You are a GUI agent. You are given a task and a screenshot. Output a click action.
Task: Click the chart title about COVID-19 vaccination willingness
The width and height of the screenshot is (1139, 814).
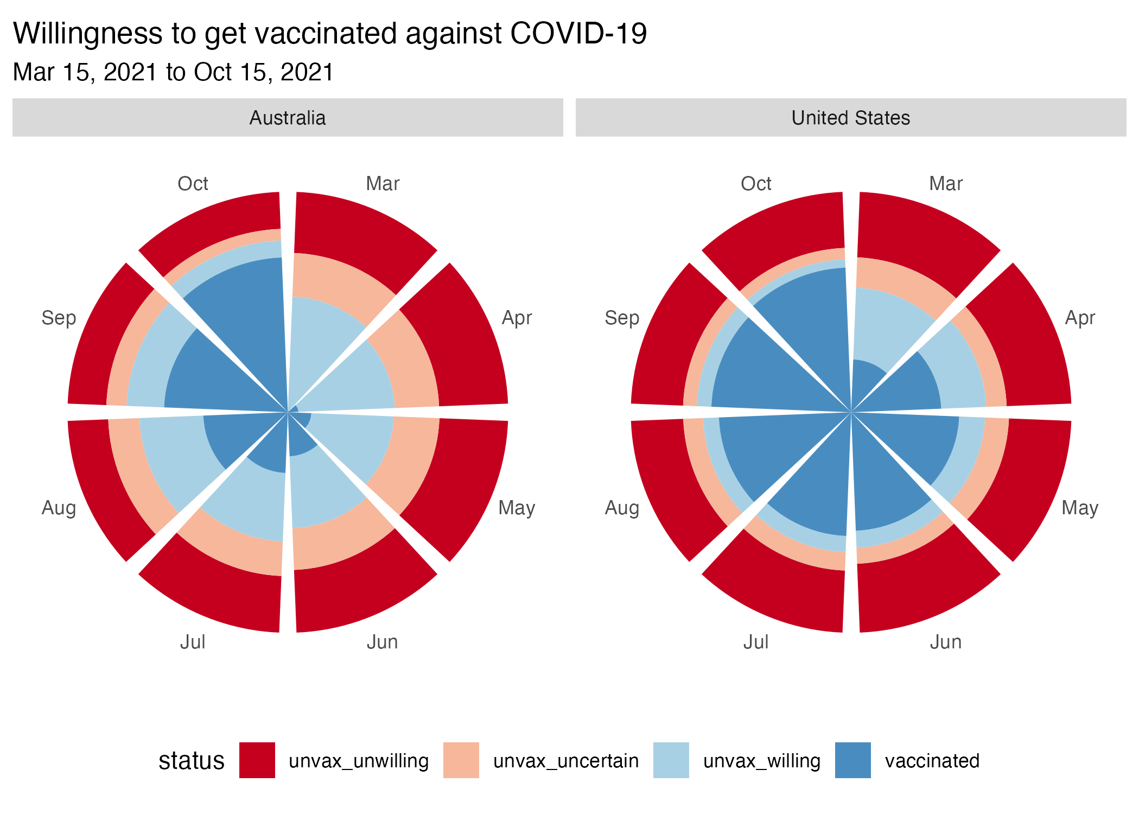329,34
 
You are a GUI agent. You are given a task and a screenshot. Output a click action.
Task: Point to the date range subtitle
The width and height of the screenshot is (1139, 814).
173,72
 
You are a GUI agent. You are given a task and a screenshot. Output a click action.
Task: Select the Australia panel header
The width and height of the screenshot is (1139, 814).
288,118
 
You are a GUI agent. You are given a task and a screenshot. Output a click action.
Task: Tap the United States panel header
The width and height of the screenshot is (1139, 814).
850,118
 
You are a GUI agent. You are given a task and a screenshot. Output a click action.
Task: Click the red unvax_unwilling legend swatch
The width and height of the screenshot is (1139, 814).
257,760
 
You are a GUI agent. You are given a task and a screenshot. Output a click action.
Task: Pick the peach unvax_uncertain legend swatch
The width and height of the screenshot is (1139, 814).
461,760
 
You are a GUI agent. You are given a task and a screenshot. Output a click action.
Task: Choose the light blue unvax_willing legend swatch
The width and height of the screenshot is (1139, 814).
671,760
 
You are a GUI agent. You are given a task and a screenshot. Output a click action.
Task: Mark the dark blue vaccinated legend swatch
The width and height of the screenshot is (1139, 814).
852,760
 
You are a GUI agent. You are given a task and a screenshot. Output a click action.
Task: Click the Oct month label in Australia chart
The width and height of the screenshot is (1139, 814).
193,184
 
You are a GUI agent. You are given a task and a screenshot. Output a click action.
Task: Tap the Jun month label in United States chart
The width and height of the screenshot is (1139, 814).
946,642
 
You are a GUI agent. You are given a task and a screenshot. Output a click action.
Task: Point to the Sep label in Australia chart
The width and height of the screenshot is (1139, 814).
59,318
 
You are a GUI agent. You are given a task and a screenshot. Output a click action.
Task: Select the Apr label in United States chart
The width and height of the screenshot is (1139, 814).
1080,318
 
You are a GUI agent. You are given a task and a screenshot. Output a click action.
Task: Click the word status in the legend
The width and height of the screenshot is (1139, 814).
191,761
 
